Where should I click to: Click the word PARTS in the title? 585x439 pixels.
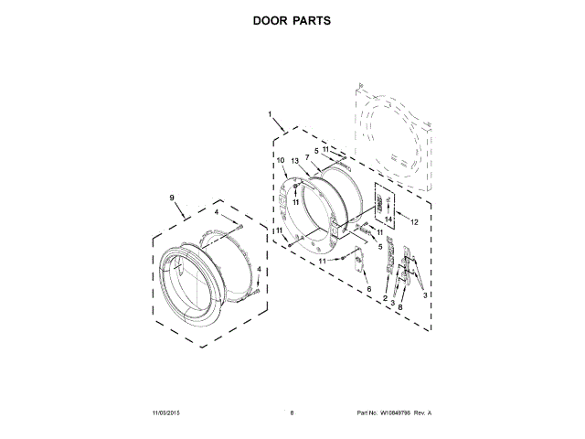tap(312, 19)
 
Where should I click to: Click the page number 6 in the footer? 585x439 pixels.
tap(292, 412)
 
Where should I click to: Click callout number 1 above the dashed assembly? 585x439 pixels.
tap(271, 115)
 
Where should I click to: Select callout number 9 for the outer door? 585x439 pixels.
tap(171, 198)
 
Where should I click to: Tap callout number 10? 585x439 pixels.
tap(281, 162)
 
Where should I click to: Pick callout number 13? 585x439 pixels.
tap(295, 160)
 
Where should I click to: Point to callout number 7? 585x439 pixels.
tap(307, 157)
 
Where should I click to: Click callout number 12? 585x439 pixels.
tap(413, 222)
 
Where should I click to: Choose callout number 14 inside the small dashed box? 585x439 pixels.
tap(388, 219)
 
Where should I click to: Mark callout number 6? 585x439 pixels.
tap(369, 289)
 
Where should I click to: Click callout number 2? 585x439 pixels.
tap(386, 299)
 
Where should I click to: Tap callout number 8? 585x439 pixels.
tap(399, 307)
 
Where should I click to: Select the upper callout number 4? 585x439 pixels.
tap(217, 213)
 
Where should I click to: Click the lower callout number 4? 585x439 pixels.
tap(259, 269)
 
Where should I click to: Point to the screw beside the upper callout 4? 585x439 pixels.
tap(238, 226)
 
